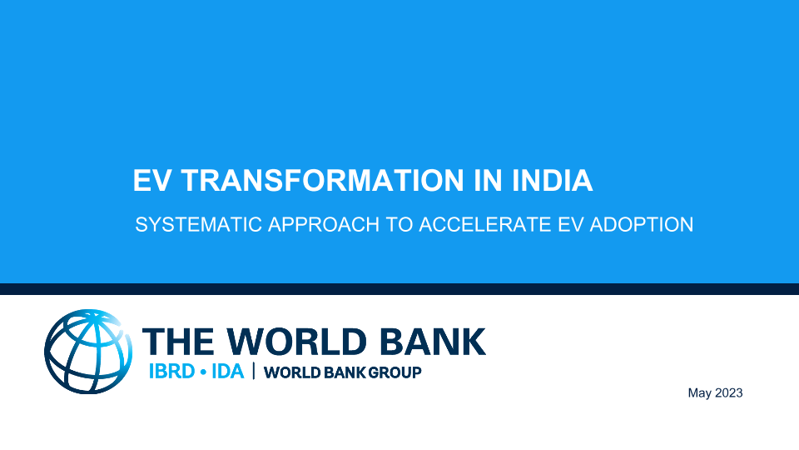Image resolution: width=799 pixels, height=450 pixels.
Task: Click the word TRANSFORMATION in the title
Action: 323,180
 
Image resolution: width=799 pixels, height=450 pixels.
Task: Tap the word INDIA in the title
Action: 552,180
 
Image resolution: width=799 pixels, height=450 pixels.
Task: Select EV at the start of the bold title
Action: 151,180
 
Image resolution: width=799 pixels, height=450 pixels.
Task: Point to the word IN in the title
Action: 489,180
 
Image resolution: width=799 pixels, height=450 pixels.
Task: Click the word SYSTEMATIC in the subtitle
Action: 199,224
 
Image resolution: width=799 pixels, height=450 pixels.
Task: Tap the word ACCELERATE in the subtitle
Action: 485,224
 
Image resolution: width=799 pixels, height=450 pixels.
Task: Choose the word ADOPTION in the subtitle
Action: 642,224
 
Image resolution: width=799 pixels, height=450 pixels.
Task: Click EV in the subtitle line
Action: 570,224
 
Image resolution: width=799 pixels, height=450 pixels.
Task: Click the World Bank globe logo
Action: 88,352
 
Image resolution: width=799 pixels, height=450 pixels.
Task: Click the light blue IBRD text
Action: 171,372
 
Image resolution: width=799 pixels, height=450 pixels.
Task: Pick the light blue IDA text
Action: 227,372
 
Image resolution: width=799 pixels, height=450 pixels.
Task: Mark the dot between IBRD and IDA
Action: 203,372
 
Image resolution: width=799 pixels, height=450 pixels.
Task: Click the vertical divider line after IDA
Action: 254,372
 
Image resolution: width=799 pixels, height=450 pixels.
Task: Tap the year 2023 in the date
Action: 729,392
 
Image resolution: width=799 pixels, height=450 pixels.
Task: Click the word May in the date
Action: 700,393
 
